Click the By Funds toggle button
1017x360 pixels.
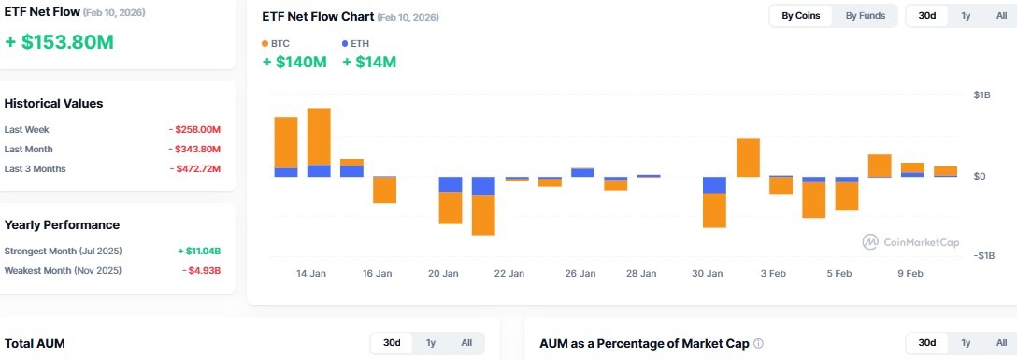pyautogui.click(x=864, y=15)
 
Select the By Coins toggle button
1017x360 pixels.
pyautogui.click(x=801, y=15)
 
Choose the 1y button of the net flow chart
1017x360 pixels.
pyautogui.click(x=966, y=15)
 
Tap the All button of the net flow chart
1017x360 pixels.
pyautogui.click(x=1001, y=15)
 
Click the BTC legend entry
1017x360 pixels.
pyautogui.click(x=277, y=43)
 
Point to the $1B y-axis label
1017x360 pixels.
pyautogui.click(x=981, y=94)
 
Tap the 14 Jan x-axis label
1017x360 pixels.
pyautogui.click(x=311, y=274)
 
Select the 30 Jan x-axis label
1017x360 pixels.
pyautogui.click(x=708, y=274)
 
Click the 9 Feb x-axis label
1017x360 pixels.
pyautogui.click(x=910, y=274)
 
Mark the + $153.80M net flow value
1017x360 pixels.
pyautogui.click(x=59, y=42)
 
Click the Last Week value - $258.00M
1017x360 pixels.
pyautogui.click(x=194, y=129)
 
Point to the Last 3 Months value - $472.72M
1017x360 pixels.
pyautogui.click(x=194, y=168)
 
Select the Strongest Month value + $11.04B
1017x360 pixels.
pyautogui.click(x=199, y=251)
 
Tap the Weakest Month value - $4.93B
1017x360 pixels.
pyautogui.click(x=201, y=270)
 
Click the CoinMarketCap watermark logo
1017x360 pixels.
pyautogui.click(x=911, y=242)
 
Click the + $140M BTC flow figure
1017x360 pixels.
pyautogui.click(x=294, y=62)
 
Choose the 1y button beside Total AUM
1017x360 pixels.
pyautogui.click(x=431, y=343)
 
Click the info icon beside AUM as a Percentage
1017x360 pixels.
pyautogui.click(x=758, y=343)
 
